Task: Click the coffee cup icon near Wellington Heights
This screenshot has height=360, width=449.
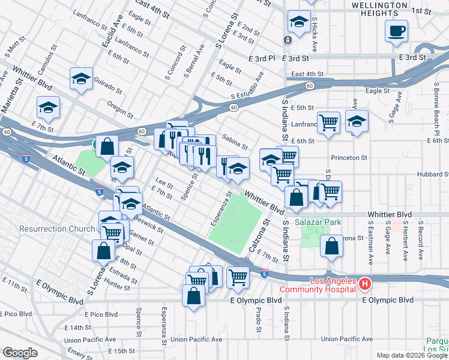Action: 396,31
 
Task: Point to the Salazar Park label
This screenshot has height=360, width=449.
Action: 318,223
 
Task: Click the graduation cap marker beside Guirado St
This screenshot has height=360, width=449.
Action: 80,79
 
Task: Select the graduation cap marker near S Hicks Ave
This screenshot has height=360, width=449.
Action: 297,23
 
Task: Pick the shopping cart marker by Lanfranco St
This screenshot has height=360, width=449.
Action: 328,122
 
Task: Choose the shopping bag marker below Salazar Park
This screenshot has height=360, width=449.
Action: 331,245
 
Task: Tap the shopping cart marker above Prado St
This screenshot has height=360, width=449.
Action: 238,277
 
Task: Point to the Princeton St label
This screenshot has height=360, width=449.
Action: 349,158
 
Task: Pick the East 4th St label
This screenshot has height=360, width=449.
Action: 307,74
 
